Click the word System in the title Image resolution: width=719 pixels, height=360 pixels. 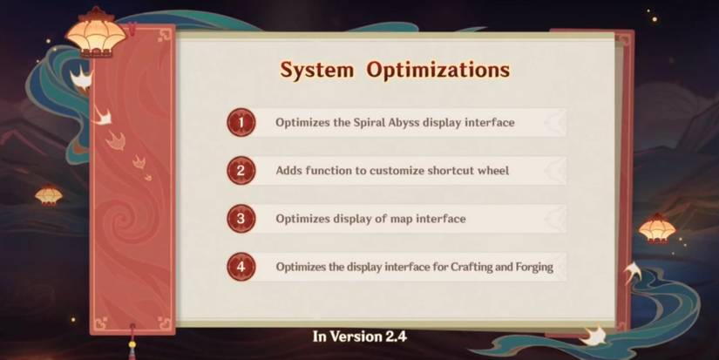317,71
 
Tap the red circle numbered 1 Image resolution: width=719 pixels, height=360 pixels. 241,122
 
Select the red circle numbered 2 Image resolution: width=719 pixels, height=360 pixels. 241,171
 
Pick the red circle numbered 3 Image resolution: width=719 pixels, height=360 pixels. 241,219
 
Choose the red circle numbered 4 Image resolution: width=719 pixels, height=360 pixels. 241,267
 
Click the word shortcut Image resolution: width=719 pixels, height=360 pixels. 451,171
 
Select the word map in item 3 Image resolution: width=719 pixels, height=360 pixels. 400,219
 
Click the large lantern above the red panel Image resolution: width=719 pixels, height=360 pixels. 96,33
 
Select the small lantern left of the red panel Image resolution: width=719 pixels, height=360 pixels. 49,195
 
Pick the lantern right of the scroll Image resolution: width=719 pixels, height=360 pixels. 657,228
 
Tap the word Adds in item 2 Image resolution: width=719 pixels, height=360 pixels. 288,171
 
